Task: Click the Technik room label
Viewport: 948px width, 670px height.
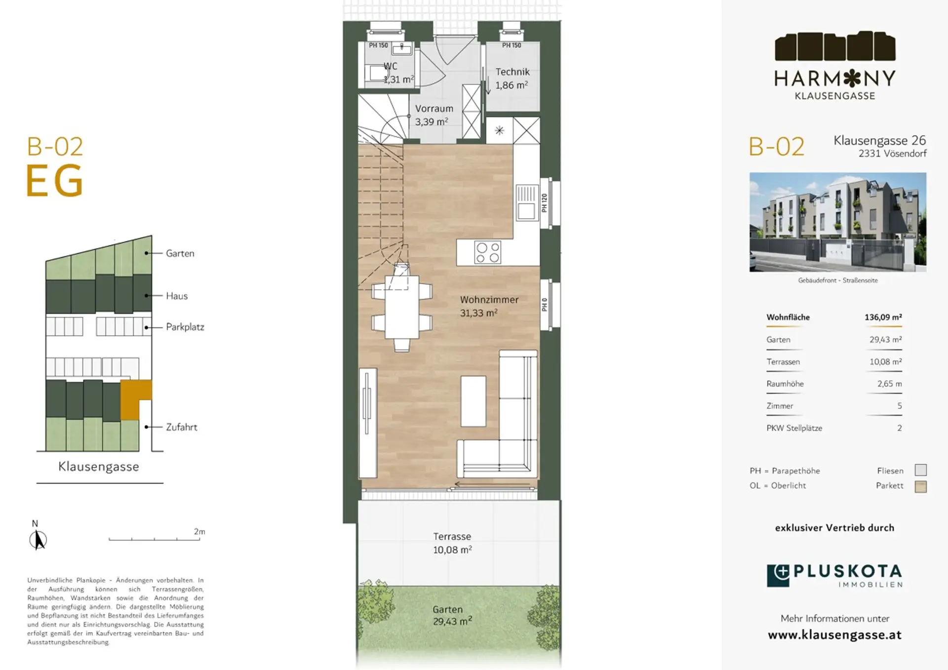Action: pyautogui.click(x=513, y=72)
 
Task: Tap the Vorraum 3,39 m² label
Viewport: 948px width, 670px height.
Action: pyautogui.click(x=434, y=115)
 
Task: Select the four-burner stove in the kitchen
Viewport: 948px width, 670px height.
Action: pyautogui.click(x=487, y=252)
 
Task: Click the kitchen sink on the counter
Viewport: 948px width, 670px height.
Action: pyautogui.click(x=526, y=202)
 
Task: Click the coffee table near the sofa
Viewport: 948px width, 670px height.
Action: pyautogui.click(x=473, y=401)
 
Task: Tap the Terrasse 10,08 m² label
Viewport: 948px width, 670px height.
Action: pyautogui.click(x=452, y=543)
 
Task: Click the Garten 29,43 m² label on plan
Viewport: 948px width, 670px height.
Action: pyautogui.click(x=452, y=616)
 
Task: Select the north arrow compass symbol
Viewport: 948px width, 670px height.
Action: pyautogui.click(x=38, y=537)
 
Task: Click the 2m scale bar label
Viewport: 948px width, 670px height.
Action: pyautogui.click(x=199, y=532)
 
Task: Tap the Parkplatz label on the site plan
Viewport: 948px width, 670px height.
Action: pyautogui.click(x=185, y=327)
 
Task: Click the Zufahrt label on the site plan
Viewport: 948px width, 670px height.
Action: pyautogui.click(x=181, y=427)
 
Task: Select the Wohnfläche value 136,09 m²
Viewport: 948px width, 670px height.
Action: pyautogui.click(x=883, y=317)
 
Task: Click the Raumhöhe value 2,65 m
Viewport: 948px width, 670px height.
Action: pyautogui.click(x=889, y=384)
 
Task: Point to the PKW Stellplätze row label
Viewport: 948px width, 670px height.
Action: pyautogui.click(x=794, y=428)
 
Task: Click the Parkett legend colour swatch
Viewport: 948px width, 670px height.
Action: pyautogui.click(x=920, y=486)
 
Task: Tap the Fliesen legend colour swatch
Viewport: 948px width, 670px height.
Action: pyautogui.click(x=920, y=470)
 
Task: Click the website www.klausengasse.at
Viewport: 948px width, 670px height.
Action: pyautogui.click(x=834, y=635)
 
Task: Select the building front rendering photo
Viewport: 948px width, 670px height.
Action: pyautogui.click(x=837, y=222)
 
